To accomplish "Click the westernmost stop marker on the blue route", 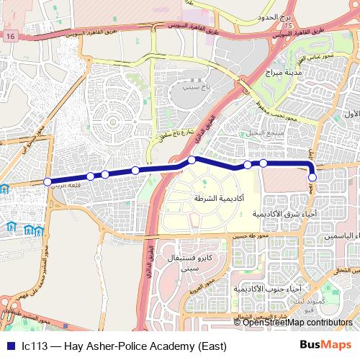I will tap(48, 181).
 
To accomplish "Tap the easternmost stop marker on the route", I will tap(312, 177).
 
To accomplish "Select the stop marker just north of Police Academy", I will tap(192, 160).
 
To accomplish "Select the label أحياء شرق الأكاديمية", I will tap(284, 214).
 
